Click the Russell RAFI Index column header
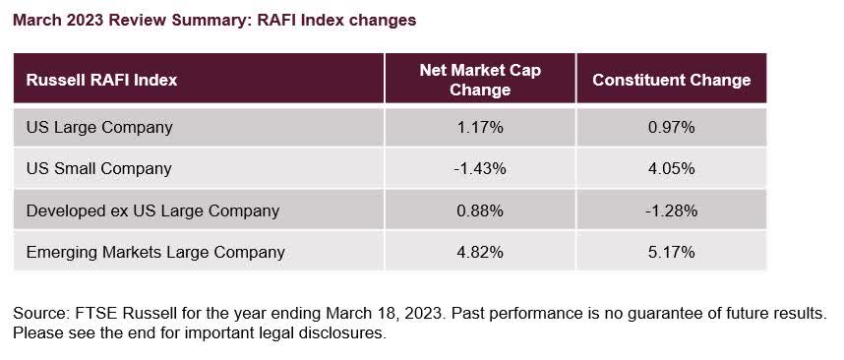tap(102, 80)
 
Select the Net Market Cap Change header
tap(479, 80)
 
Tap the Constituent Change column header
tap(671, 80)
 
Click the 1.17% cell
tap(479, 127)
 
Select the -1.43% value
tap(479, 168)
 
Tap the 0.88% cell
tap(479, 210)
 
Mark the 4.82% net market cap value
tap(479, 252)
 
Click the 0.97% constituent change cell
tap(671, 127)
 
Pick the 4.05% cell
tap(671, 168)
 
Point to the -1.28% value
tap(671, 210)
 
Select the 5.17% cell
tap(671, 252)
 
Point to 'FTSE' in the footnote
tap(94, 313)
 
